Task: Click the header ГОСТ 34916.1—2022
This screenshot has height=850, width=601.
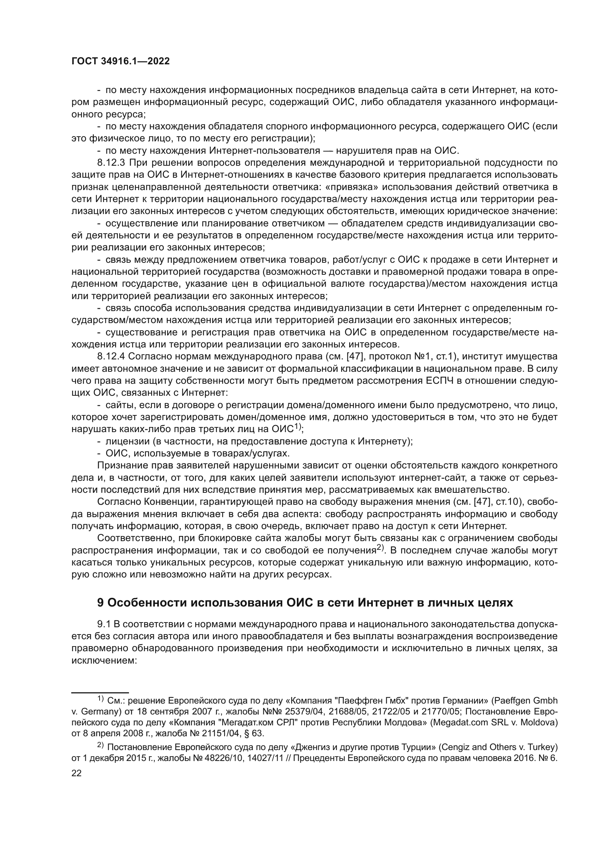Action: (120, 61)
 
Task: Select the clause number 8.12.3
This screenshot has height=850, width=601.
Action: (112, 162)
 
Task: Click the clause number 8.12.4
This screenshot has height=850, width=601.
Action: (112, 356)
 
